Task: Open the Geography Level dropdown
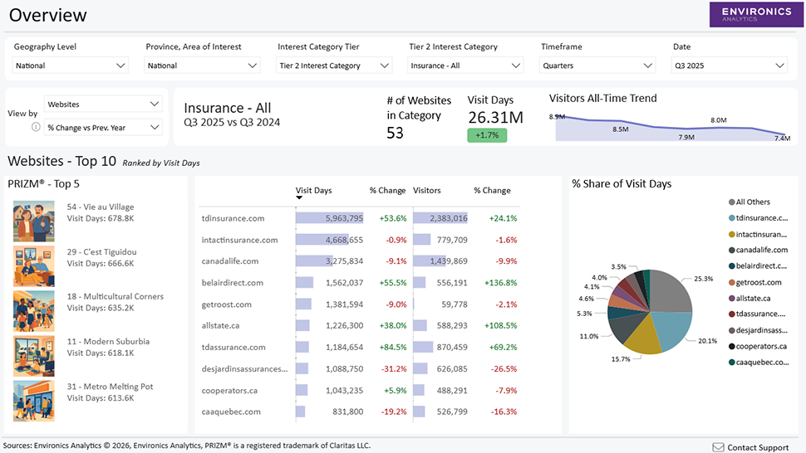71,66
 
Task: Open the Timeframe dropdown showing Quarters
598,66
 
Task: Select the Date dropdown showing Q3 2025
730,66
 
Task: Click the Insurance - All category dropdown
466,66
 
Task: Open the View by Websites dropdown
103,105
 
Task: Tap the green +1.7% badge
486,134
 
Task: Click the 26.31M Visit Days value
495,117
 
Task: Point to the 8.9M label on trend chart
557,117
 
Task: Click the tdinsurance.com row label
233,218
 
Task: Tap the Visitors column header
427,190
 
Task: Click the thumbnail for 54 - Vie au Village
34,220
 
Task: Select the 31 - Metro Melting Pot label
110,387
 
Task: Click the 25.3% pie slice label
704,279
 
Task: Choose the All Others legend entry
752,202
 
